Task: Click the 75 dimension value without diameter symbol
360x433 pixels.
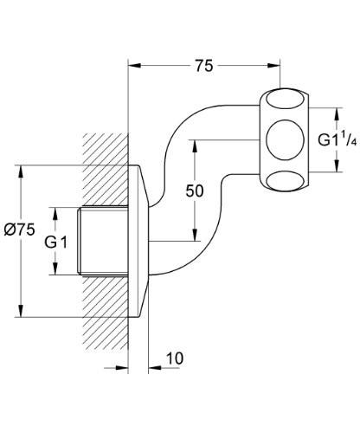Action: (x=204, y=65)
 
